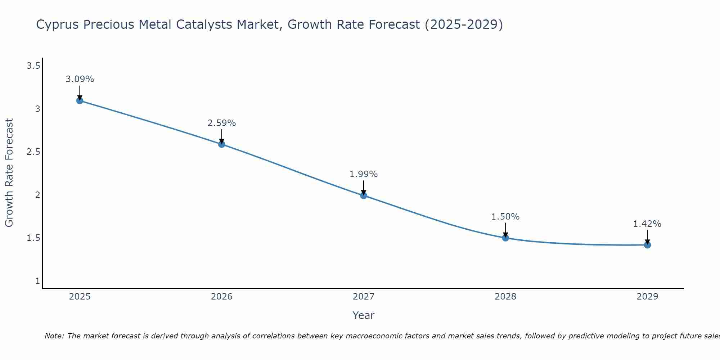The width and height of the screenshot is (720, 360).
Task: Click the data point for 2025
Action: point(80,100)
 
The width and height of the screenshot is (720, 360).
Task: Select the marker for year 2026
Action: point(222,144)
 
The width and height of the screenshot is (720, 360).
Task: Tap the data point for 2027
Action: point(364,195)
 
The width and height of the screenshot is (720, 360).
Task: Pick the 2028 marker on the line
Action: point(505,238)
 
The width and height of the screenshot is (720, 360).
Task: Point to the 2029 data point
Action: point(647,245)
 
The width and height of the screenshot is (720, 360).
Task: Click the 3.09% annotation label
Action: point(80,79)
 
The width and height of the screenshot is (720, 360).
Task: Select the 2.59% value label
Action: point(222,123)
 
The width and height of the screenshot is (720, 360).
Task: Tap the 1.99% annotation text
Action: point(364,174)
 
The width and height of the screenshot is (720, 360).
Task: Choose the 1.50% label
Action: point(505,217)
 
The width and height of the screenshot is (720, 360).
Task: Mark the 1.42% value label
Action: point(647,224)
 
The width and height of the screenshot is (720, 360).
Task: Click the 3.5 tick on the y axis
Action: point(33,66)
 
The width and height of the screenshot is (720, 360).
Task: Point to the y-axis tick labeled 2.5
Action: point(33,152)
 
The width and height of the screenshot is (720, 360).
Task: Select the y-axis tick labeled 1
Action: point(37,281)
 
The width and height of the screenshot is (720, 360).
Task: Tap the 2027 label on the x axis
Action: point(364,297)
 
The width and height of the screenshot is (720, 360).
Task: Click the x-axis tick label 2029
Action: point(647,297)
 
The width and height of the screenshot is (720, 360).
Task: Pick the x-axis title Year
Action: point(364,315)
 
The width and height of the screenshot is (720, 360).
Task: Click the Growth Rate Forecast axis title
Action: point(9,173)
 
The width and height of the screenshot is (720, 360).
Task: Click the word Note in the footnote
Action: point(54,336)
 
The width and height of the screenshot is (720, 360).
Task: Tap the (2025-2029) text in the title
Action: point(464,25)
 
